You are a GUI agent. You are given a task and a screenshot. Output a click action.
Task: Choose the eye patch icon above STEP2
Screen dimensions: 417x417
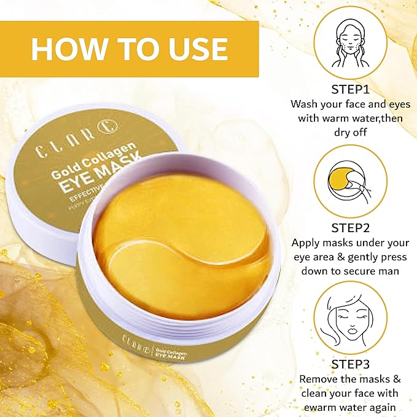(351, 181)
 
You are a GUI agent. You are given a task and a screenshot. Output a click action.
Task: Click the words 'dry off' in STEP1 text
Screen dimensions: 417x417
(351, 131)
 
